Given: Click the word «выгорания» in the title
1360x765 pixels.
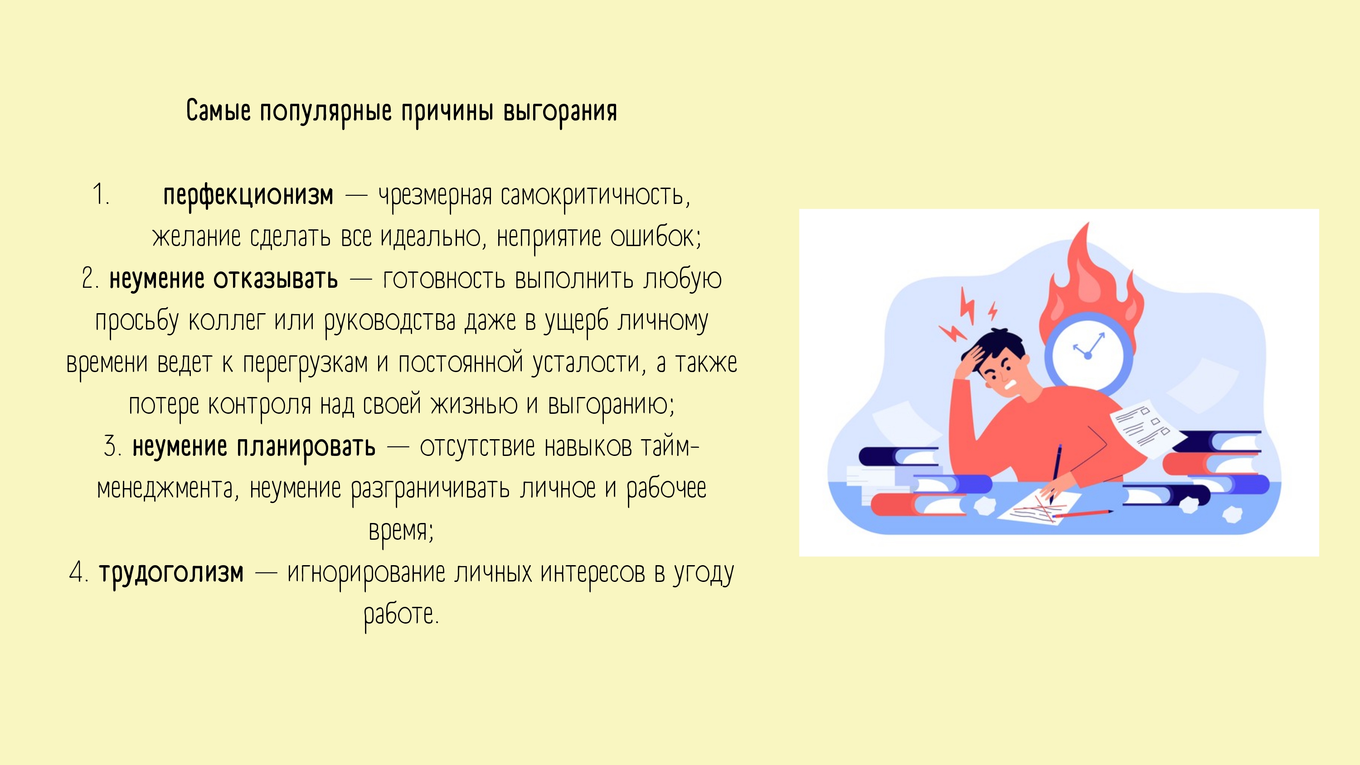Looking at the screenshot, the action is click(560, 111).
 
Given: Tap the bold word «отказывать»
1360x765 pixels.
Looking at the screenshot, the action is click(276, 279).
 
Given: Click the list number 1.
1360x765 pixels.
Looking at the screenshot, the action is click(100, 194).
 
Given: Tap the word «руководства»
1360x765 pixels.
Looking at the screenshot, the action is click(389, 321).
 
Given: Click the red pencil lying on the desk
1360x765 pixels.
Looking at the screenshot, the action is click(1082, 513).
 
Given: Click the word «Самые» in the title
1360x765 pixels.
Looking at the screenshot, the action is click(219, 111).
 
